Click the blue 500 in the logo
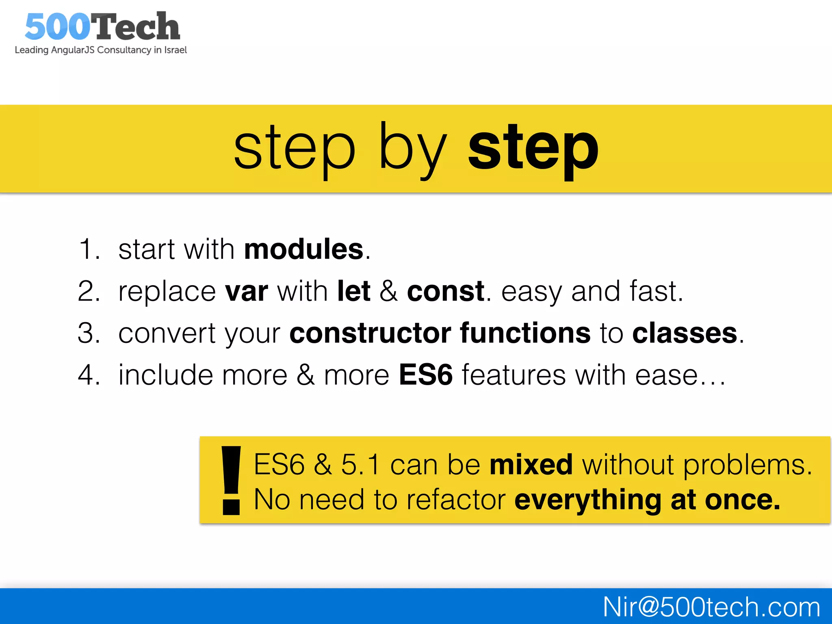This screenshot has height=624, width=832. tap(57, 27)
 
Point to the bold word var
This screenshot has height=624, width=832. tap(247, 292)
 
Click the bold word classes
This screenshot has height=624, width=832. tap(685, 333)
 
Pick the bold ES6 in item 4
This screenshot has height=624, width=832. tap(425, 375)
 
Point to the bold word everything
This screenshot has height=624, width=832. tap(588, 500)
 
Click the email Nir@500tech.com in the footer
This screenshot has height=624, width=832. tap(711, 607)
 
